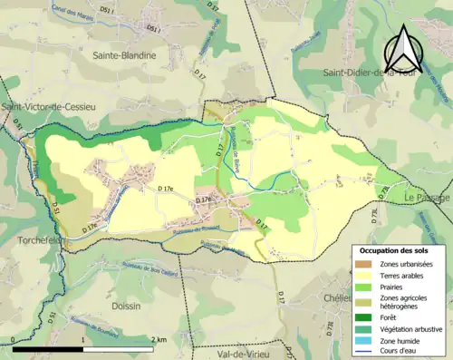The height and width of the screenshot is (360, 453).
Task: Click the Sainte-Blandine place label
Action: [124, 55]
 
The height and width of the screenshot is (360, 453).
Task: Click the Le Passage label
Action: [428, 197]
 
